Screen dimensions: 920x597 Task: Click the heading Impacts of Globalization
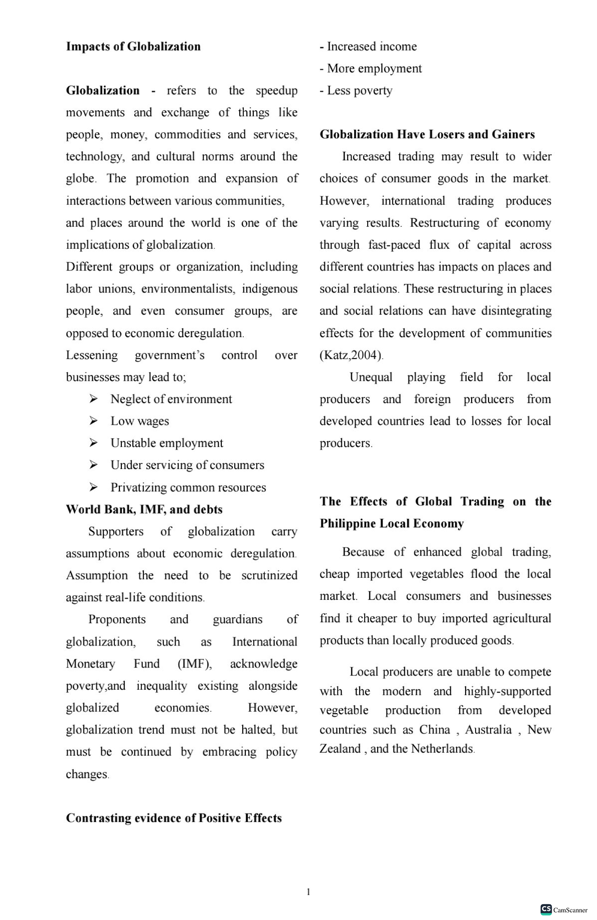coord(133,47)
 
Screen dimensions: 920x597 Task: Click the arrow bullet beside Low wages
coord(94,421)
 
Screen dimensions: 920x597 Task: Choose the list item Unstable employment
coord(167,443)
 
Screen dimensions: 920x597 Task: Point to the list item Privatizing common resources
coord(188,487)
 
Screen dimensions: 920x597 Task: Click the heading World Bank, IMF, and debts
coord(144,509)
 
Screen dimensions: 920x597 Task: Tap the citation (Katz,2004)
coord(351,355)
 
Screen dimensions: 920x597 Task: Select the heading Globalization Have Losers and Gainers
coord(427,134)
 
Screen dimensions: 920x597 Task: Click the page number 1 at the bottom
coord(308,892)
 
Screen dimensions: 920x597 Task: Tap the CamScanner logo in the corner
coord(546,909)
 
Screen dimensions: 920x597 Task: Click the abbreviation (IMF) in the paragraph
coord(195,664)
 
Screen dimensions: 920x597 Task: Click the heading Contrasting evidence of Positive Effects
coord(174,818)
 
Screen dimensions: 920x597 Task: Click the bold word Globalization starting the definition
coord(103,91)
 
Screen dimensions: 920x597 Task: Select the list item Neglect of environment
coord(171,399)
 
